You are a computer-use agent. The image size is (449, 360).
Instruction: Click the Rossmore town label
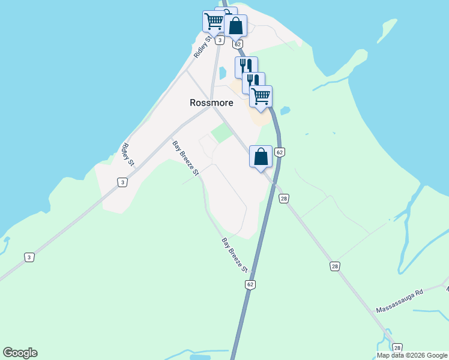(x=211, y=103)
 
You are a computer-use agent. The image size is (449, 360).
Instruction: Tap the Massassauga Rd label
(x=400, y=302)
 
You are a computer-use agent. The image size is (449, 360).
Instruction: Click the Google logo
(x=20, y=353)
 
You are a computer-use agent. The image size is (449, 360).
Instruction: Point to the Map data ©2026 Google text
(x=412, y=355)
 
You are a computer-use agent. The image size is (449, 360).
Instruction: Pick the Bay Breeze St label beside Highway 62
(x=234, y=254)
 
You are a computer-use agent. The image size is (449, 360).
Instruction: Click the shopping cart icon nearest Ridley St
(x=213, y=22)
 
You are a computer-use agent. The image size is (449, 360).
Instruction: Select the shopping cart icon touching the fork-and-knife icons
(x=261, y=96)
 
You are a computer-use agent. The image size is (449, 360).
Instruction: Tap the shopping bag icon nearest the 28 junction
(x=261, y=157)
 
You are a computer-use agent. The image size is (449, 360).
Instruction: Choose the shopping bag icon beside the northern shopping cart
(x=235, y=26)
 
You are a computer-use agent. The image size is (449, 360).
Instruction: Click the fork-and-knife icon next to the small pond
(x=246, y=67)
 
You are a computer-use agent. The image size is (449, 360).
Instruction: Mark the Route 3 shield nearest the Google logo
(x=29, y=257)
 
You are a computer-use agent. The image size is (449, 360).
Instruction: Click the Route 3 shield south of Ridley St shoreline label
(x=122, y=182)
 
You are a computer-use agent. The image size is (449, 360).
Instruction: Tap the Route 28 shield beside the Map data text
(x=397, y=347)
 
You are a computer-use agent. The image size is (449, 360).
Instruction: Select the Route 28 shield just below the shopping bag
(x=284, y=199)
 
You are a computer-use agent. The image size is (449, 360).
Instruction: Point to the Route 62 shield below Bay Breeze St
(x=250, y=284)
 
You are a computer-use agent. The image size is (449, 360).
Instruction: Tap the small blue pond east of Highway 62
(x=285, y=111)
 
